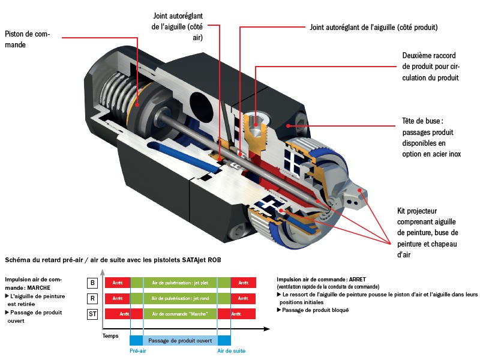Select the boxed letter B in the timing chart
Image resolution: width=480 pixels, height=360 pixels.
92,283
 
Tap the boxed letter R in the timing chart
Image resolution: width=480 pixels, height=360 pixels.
92,298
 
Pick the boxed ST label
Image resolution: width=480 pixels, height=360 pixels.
92,314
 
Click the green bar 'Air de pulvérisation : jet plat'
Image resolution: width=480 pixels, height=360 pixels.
180,283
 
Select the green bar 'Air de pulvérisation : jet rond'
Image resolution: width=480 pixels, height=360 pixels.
180,298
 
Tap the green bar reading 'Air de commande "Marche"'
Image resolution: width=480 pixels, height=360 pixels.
180,314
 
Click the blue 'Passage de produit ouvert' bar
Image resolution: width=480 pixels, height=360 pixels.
180,340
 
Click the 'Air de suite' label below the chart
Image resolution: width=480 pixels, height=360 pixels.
231,351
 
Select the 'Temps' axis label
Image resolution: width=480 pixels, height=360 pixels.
110,336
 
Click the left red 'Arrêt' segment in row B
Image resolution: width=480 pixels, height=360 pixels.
118,283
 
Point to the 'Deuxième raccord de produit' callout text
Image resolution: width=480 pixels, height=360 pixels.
430,66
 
